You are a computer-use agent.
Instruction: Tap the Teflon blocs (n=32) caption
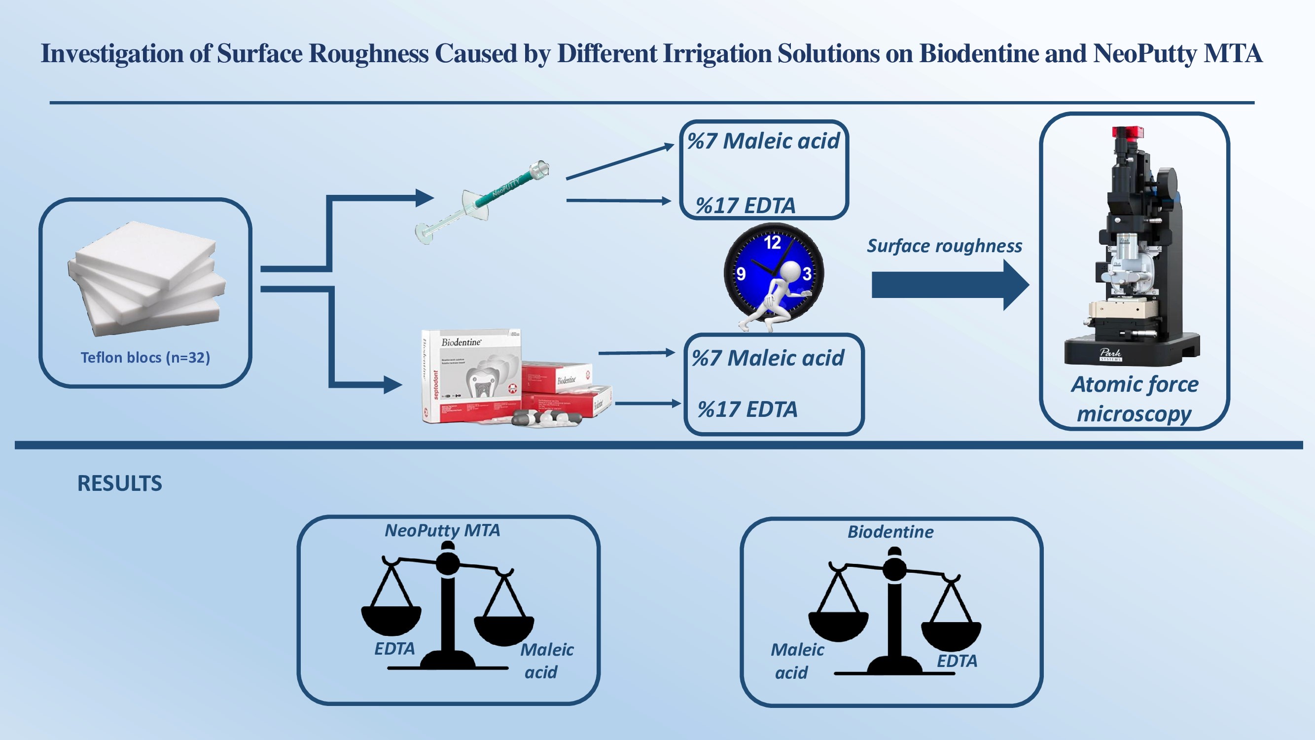145,357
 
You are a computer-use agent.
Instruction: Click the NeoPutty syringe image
482,202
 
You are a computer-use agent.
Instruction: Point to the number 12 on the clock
772,242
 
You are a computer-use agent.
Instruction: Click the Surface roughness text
944,246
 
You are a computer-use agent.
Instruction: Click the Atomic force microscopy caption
1134,398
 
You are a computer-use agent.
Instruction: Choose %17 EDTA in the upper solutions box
746,206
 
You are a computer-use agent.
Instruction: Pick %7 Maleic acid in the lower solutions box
767,358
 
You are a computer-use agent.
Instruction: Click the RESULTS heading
119,483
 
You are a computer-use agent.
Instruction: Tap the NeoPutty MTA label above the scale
442,530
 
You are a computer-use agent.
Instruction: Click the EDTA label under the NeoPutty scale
394,649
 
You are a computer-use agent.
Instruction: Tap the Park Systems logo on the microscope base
1111,354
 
